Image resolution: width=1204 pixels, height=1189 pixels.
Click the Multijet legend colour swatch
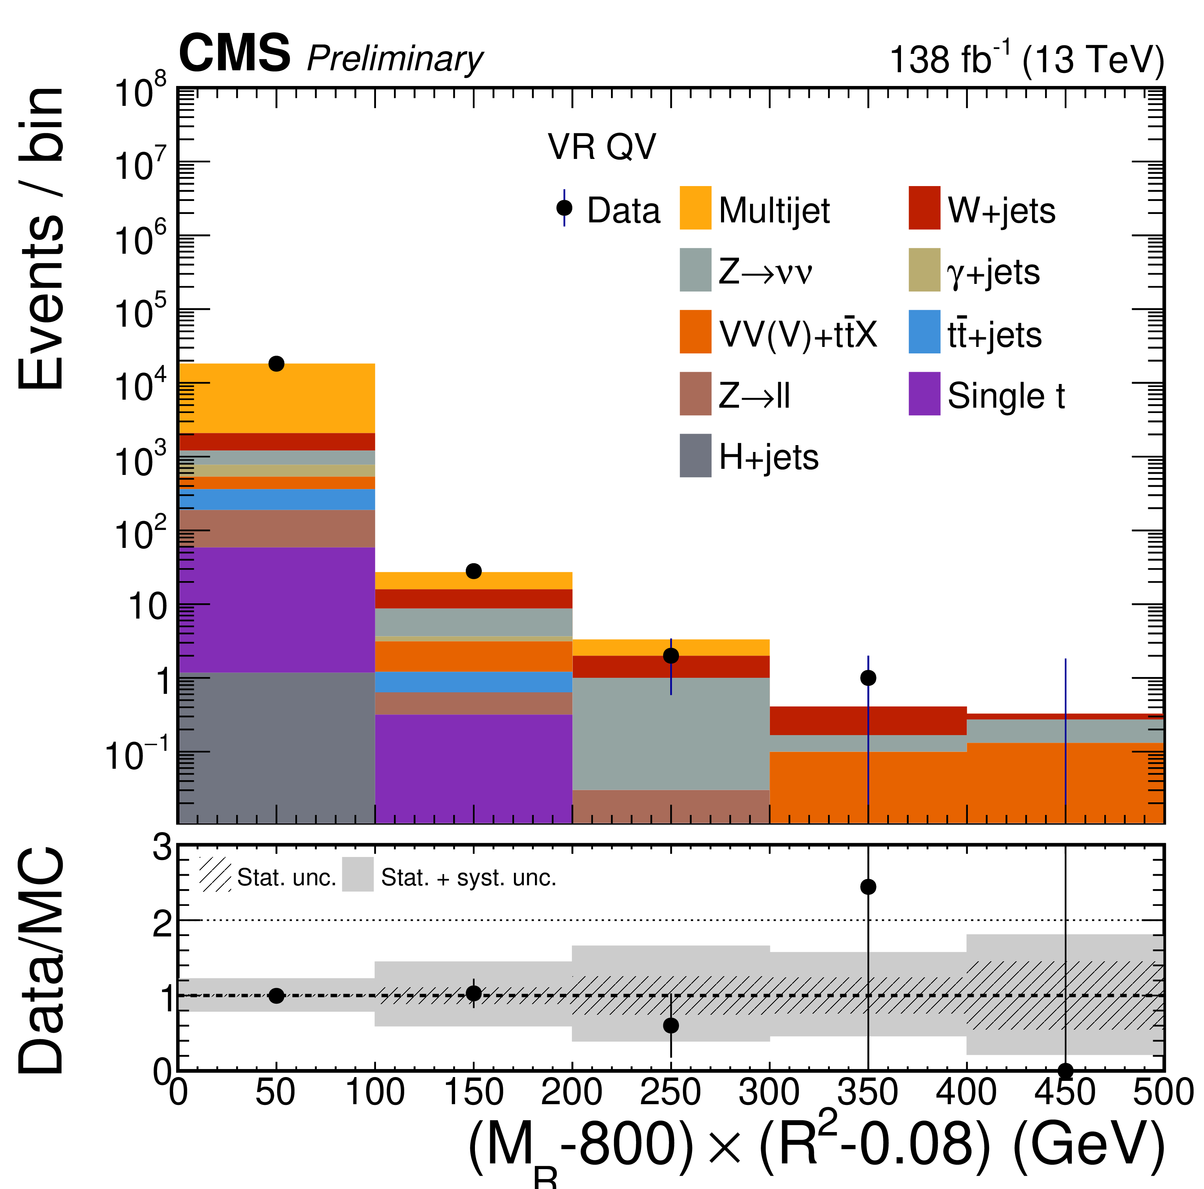695,207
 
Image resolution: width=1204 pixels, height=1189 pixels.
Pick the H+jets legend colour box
695,455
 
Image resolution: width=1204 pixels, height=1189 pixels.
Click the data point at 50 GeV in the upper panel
276,363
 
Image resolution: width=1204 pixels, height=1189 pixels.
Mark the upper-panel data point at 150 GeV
474,571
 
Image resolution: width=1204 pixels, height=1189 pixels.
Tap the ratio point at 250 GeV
671,1025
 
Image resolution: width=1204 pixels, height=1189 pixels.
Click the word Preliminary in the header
394,59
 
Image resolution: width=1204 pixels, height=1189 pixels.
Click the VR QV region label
602,147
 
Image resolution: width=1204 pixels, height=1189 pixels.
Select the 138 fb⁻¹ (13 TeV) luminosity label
1026,59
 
